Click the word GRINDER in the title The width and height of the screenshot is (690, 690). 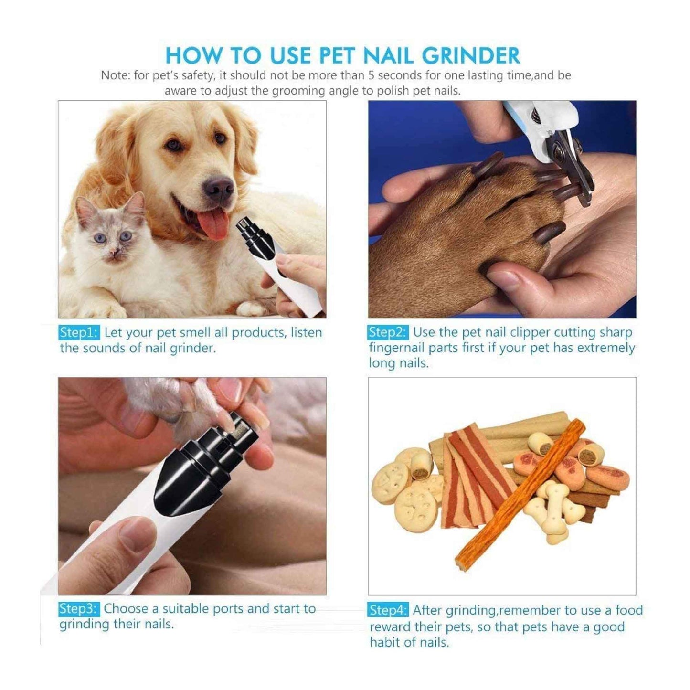coord(471,56)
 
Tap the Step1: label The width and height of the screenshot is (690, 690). coord(79,332)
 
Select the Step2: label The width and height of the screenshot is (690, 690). coord(388,332)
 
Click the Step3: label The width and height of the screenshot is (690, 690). coord(79,608)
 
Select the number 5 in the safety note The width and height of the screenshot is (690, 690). coord(371,75)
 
